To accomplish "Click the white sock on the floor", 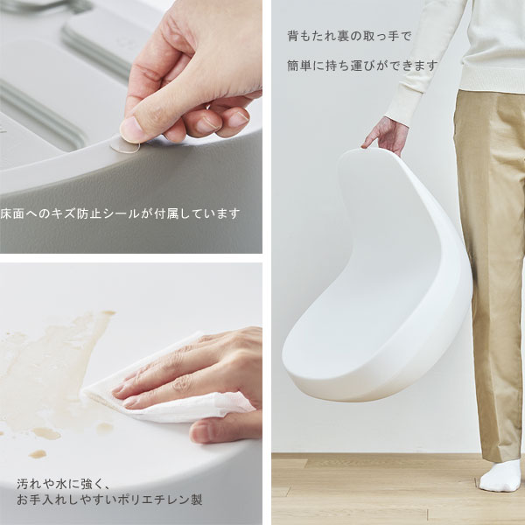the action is [500, 476].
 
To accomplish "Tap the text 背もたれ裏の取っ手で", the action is [349, 36].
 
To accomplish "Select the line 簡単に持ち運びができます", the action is [362, 66].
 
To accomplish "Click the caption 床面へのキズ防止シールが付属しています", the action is [120, 213].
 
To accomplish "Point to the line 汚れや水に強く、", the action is [63, 484].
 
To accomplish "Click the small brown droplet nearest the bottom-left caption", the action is [37, 454].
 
